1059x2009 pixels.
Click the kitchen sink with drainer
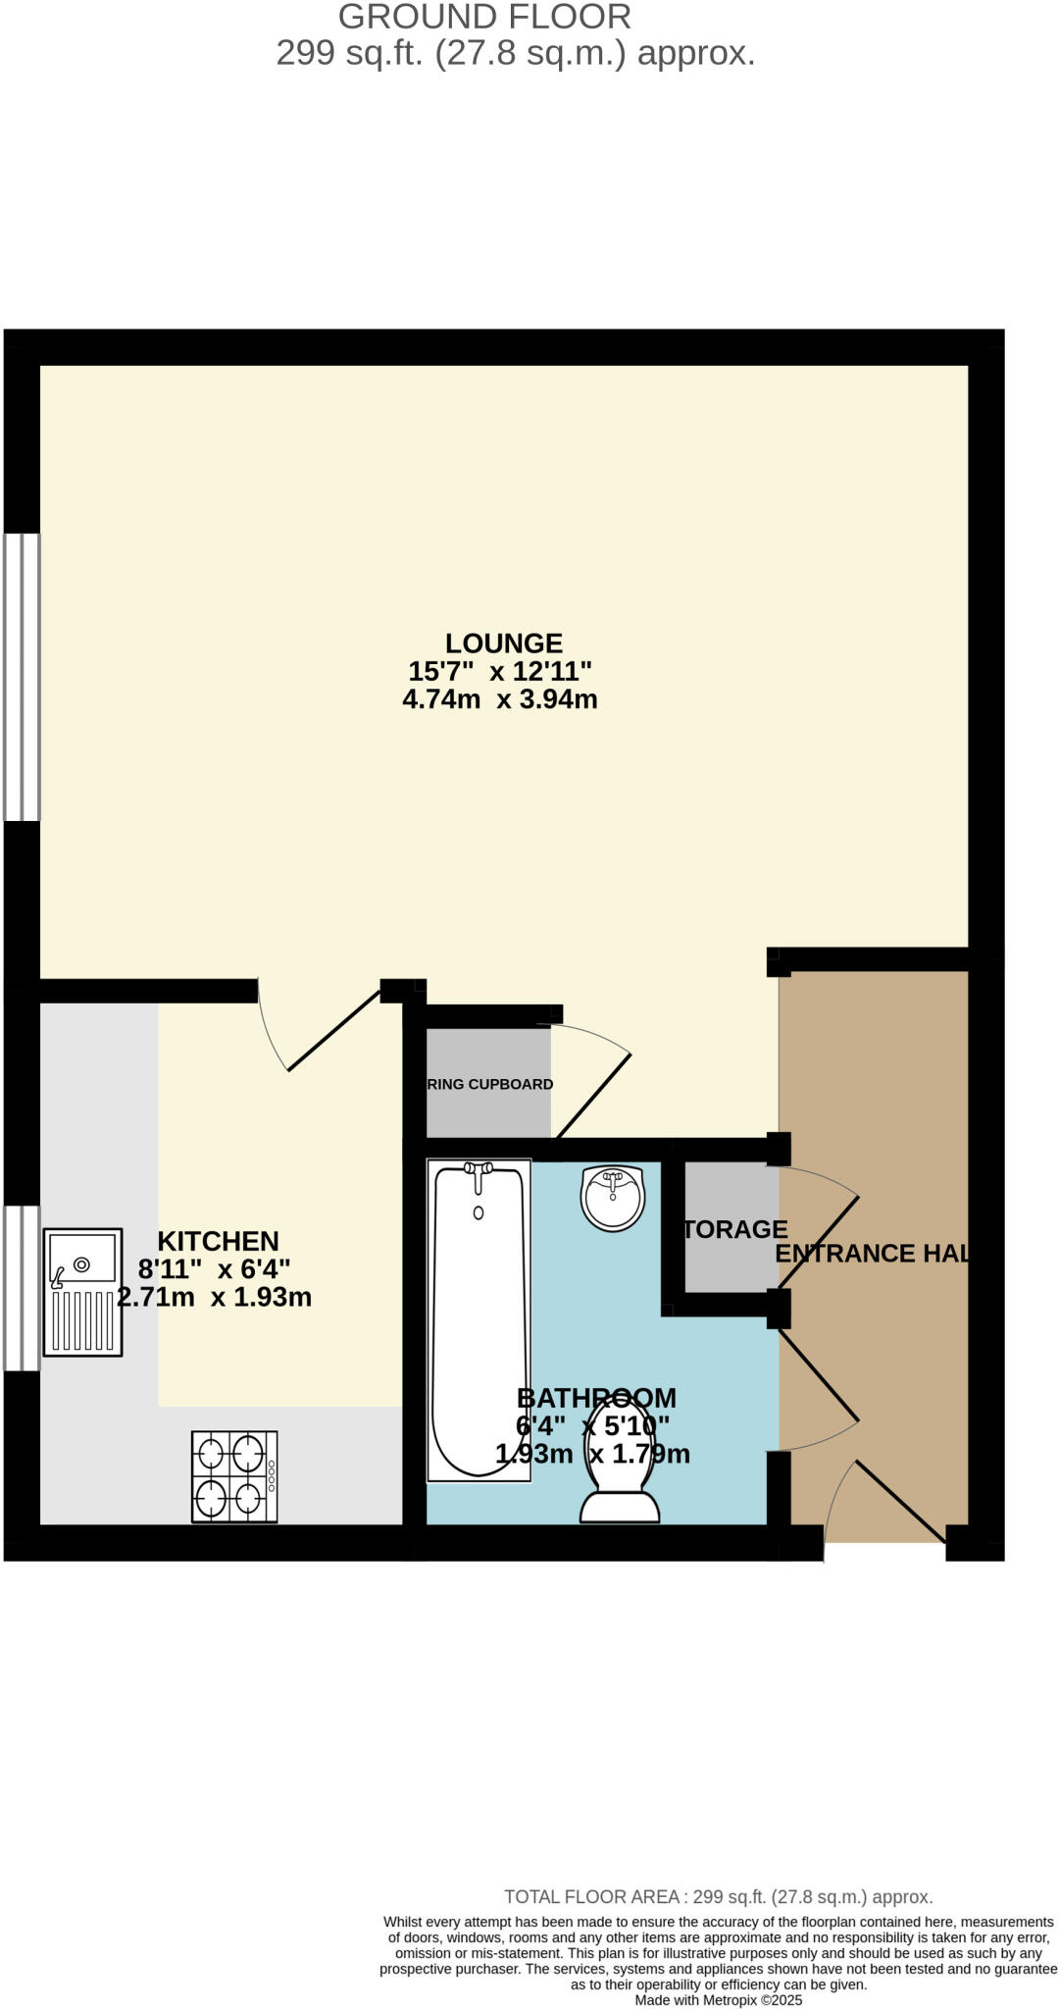coord(83,1292)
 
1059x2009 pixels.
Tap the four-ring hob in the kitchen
coord(234,1475)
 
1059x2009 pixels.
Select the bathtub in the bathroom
coord(479,1319)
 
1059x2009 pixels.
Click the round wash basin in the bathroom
coord(613,1197)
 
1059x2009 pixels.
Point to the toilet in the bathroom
coord(620,1476)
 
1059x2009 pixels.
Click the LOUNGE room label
coord(504,644)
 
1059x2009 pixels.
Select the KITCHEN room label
coord(219,1241)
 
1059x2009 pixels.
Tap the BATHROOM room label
coord(596,1398)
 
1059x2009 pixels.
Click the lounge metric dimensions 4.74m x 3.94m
coord(500,699)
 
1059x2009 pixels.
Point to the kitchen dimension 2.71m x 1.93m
coord(215,1297)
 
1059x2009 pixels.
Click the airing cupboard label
coord(490,1084)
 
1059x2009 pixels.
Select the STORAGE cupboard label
coord(734,1229)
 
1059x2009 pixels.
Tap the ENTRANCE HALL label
coord(872,1253)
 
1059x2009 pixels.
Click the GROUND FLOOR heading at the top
coord(484,17)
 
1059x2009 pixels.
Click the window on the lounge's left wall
coord(22,677)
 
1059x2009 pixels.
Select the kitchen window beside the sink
coord(22,1287)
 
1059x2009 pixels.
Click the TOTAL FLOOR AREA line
coord(718,1897)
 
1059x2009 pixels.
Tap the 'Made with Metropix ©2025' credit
coord(718,2000)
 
